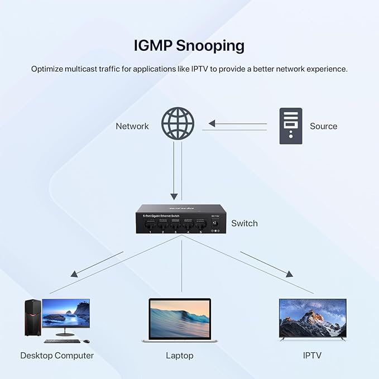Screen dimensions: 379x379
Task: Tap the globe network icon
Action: [177, 124]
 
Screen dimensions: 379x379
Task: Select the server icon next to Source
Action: [290, 126]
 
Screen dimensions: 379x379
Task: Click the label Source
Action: [324, 126]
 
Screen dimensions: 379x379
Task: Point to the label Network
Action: [132, 126]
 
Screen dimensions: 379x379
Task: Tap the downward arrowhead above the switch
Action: [173, 197]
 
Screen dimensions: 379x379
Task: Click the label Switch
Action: [244, 223]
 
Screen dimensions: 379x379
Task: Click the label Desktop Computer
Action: [57, 355]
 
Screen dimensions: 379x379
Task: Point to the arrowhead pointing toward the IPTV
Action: [289, 274]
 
